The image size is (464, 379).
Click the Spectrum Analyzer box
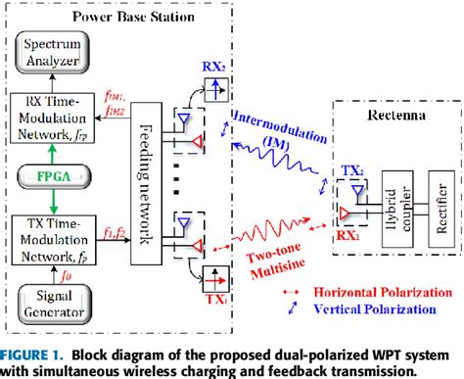click(60, 50)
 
